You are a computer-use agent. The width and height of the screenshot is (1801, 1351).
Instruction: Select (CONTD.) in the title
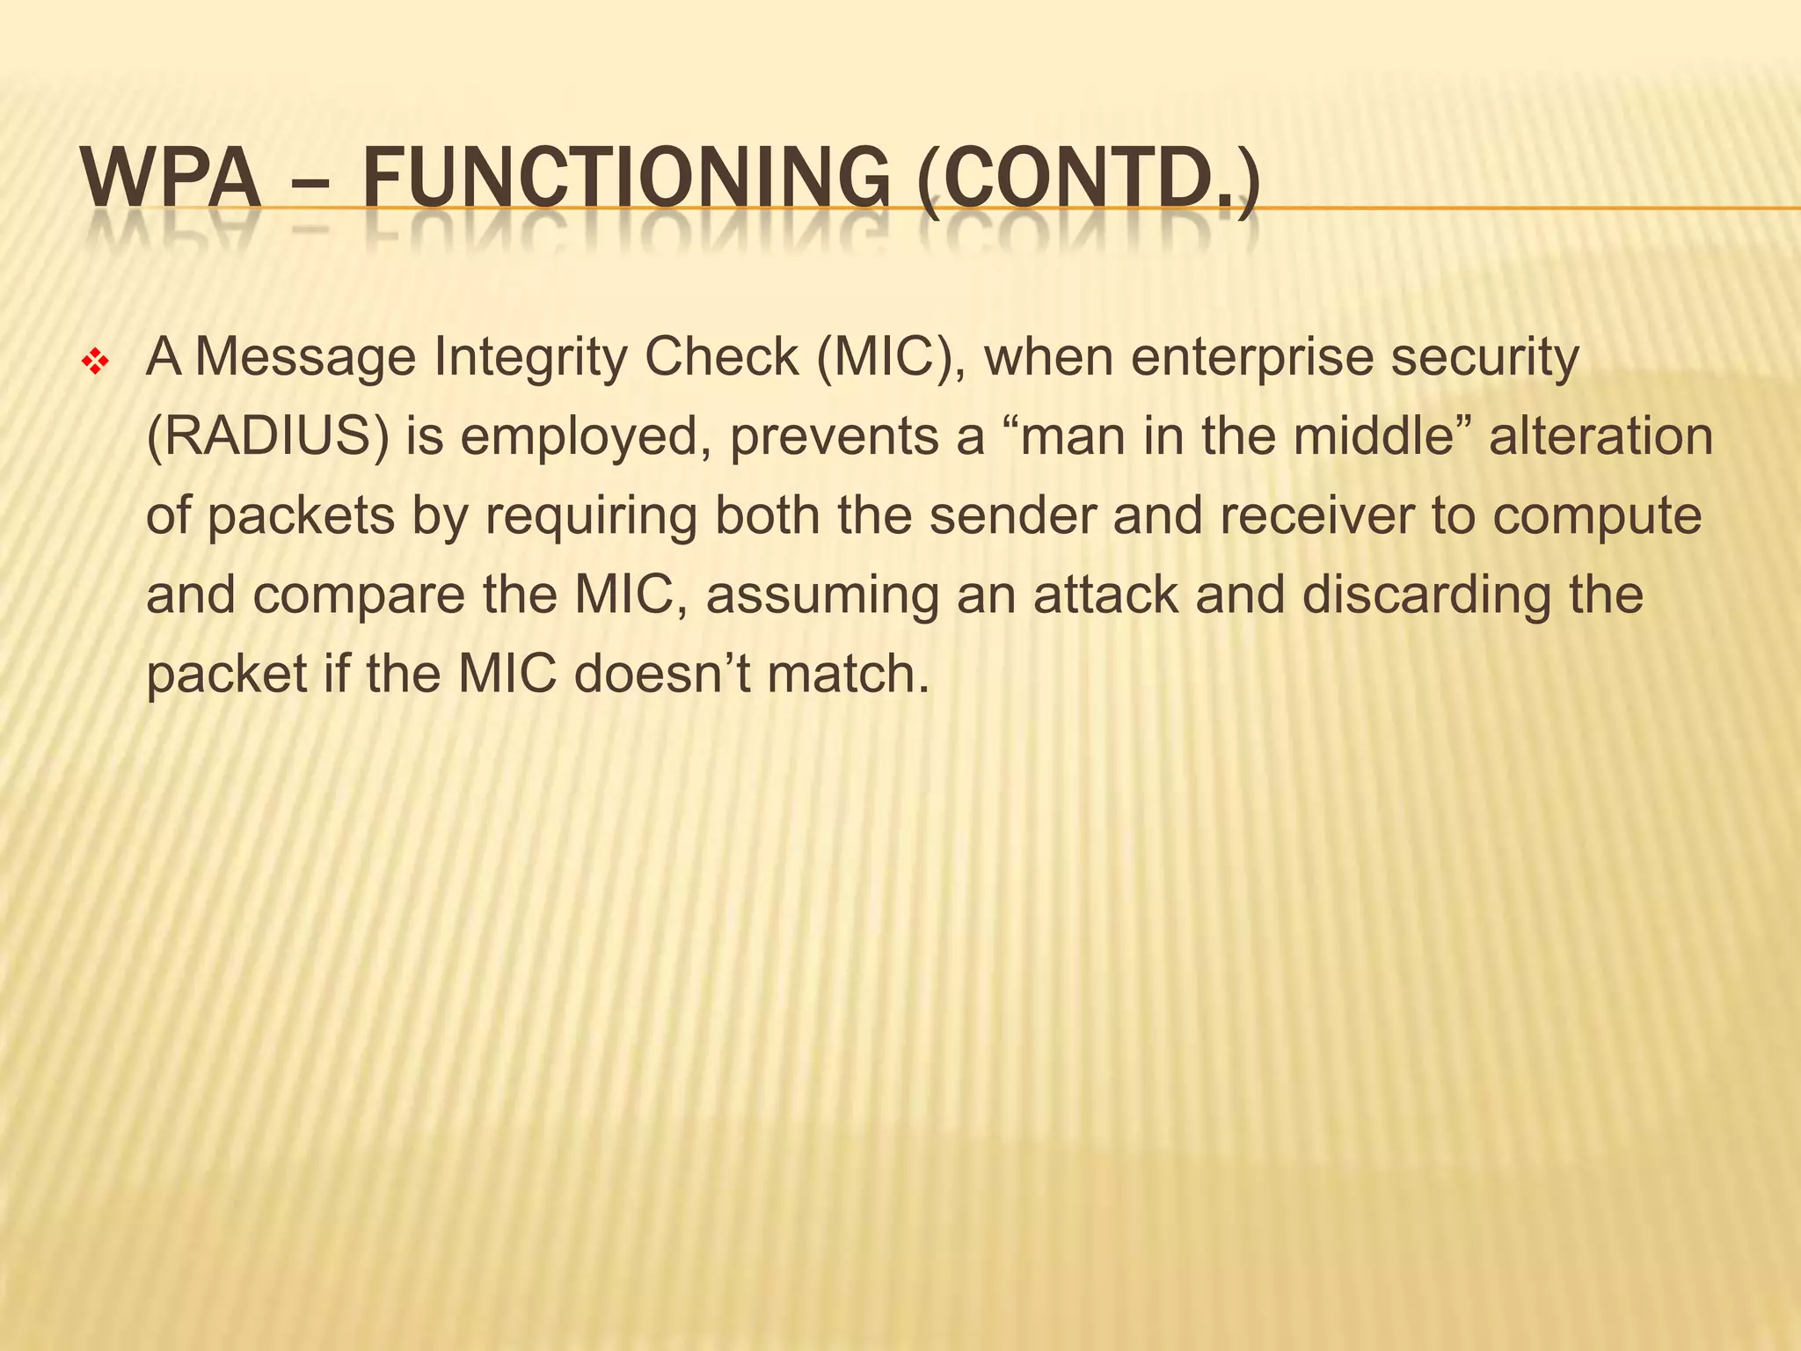tap(1087, 180)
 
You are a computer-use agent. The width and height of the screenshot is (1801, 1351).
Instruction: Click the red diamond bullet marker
tap(93, 361)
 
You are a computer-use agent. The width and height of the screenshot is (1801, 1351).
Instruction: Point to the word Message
tap(305, 358)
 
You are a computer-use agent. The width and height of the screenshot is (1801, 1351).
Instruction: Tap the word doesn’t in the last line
tap(661, 673)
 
